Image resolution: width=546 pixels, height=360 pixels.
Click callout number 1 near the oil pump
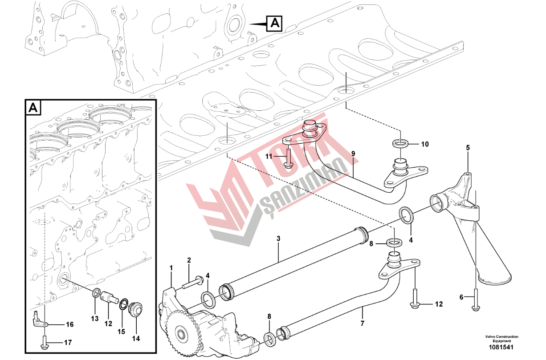coord(171,268)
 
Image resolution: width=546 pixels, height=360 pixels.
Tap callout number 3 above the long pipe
coord(278,239)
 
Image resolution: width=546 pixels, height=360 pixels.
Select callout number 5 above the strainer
coord(468,148)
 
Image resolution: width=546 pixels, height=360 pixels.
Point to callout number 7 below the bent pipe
coord(362,324)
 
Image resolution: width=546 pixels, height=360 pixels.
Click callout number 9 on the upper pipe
coord(353,154)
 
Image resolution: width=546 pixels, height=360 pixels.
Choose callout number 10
coord(425,144)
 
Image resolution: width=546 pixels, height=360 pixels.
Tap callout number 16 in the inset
coord(70,324)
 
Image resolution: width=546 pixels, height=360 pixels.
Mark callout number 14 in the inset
coord(136,338)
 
